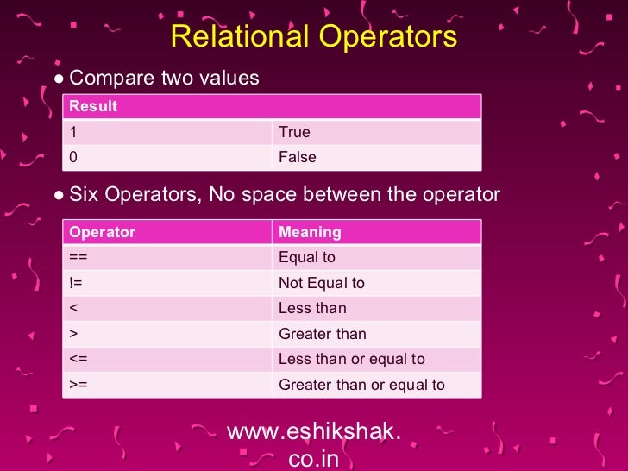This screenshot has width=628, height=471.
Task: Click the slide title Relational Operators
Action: (x=313, y=36)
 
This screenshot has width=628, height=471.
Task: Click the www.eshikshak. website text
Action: (x=313, y=432)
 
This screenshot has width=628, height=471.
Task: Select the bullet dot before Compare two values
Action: (x=58, y=79)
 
